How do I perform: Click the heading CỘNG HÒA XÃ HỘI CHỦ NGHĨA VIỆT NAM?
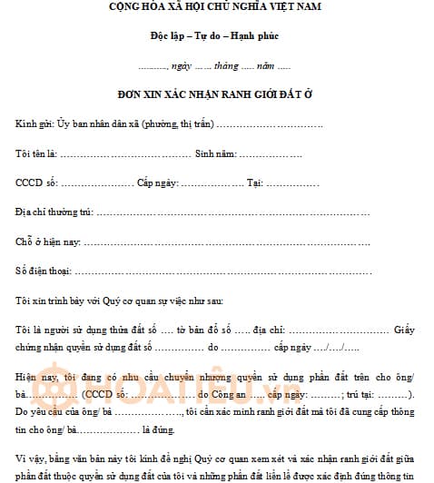[216, 8]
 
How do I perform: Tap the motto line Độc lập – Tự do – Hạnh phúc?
[216, 41]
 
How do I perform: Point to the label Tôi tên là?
[35, 153]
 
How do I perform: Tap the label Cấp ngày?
[156, 183]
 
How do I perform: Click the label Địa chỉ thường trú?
[54, 212]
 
